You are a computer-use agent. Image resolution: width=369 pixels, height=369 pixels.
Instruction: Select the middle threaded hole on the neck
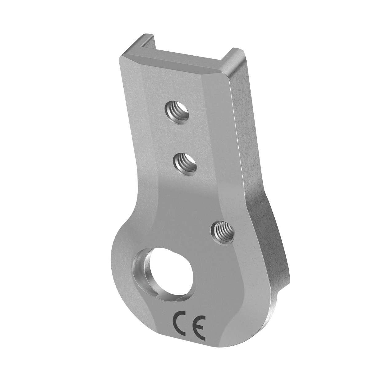click(x=185, y=164)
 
